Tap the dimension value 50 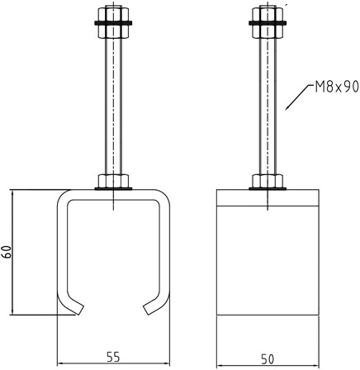click(x=268, y=359)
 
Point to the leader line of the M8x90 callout click(x=297, y=97)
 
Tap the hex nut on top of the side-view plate click(x=268, y=182)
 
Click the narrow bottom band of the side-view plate click(x=268, y=325)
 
